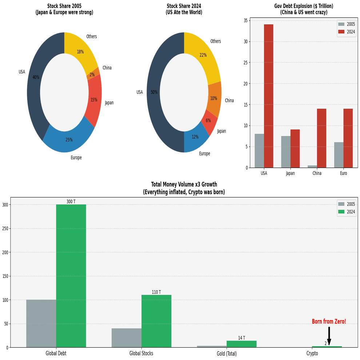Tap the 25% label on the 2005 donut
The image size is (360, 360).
[x=69, y=140]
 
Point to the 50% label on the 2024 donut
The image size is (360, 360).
[x=154, y=92]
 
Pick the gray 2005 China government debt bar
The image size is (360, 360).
[x=312, y=167]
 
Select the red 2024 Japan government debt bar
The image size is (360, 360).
[x=295, y=149]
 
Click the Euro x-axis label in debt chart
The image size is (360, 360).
[x=343, y=173]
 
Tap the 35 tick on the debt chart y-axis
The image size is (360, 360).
[x=246, y=20]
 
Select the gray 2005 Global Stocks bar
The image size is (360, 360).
[x=127, y=338]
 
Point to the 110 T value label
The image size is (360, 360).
[x=156, y=292]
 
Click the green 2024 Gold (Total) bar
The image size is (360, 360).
[x=241, y=344]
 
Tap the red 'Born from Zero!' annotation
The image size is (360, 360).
[x=329, y=321]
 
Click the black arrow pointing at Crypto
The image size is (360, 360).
[x=329, y=336]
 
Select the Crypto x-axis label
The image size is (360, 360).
[x=312, y=353]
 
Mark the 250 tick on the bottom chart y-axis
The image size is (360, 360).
[x=5, y=228]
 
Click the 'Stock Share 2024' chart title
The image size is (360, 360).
[x=184, y=9]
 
